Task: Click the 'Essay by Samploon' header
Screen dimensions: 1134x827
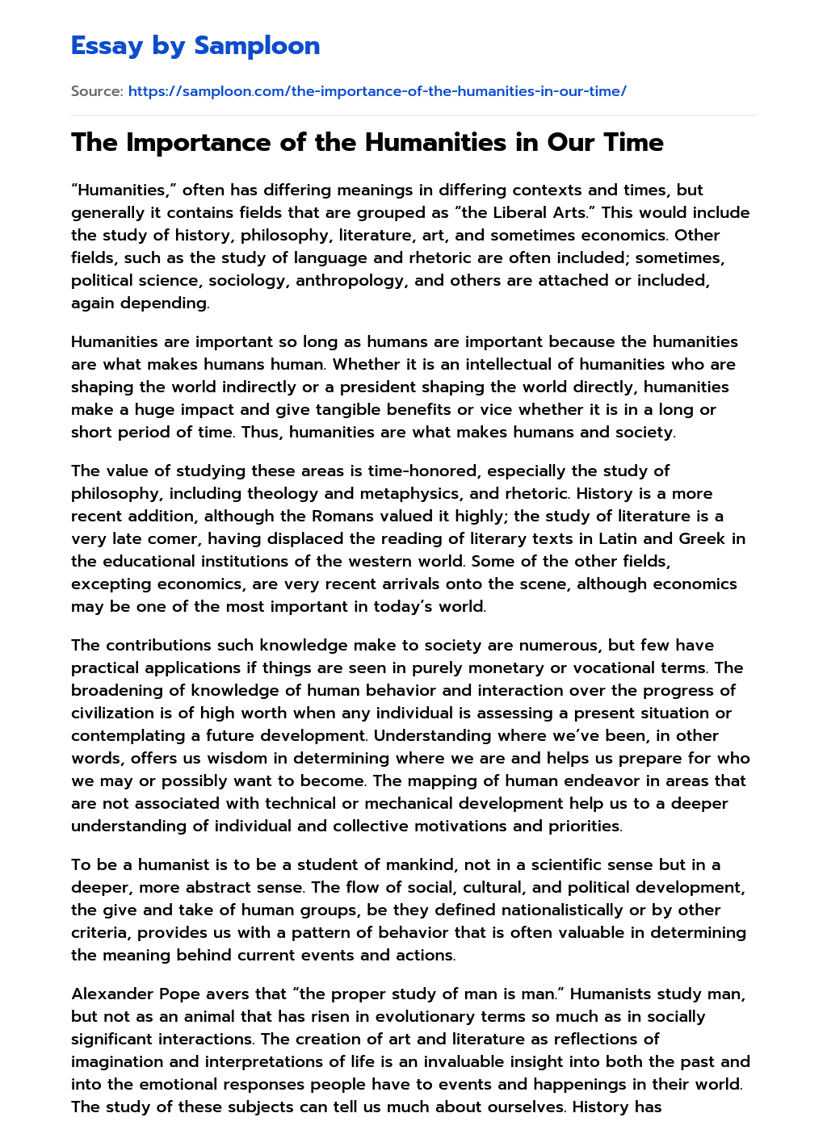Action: pyautogui.click(x=195, y=45)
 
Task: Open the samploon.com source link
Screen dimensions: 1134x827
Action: pyautogui.click(x=377, y=91)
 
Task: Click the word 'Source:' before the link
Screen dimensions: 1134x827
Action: pyautogui.click(x=97, y=91)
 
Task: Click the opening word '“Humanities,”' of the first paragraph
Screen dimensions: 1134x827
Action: pyautogui.click(x=124, y=190)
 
